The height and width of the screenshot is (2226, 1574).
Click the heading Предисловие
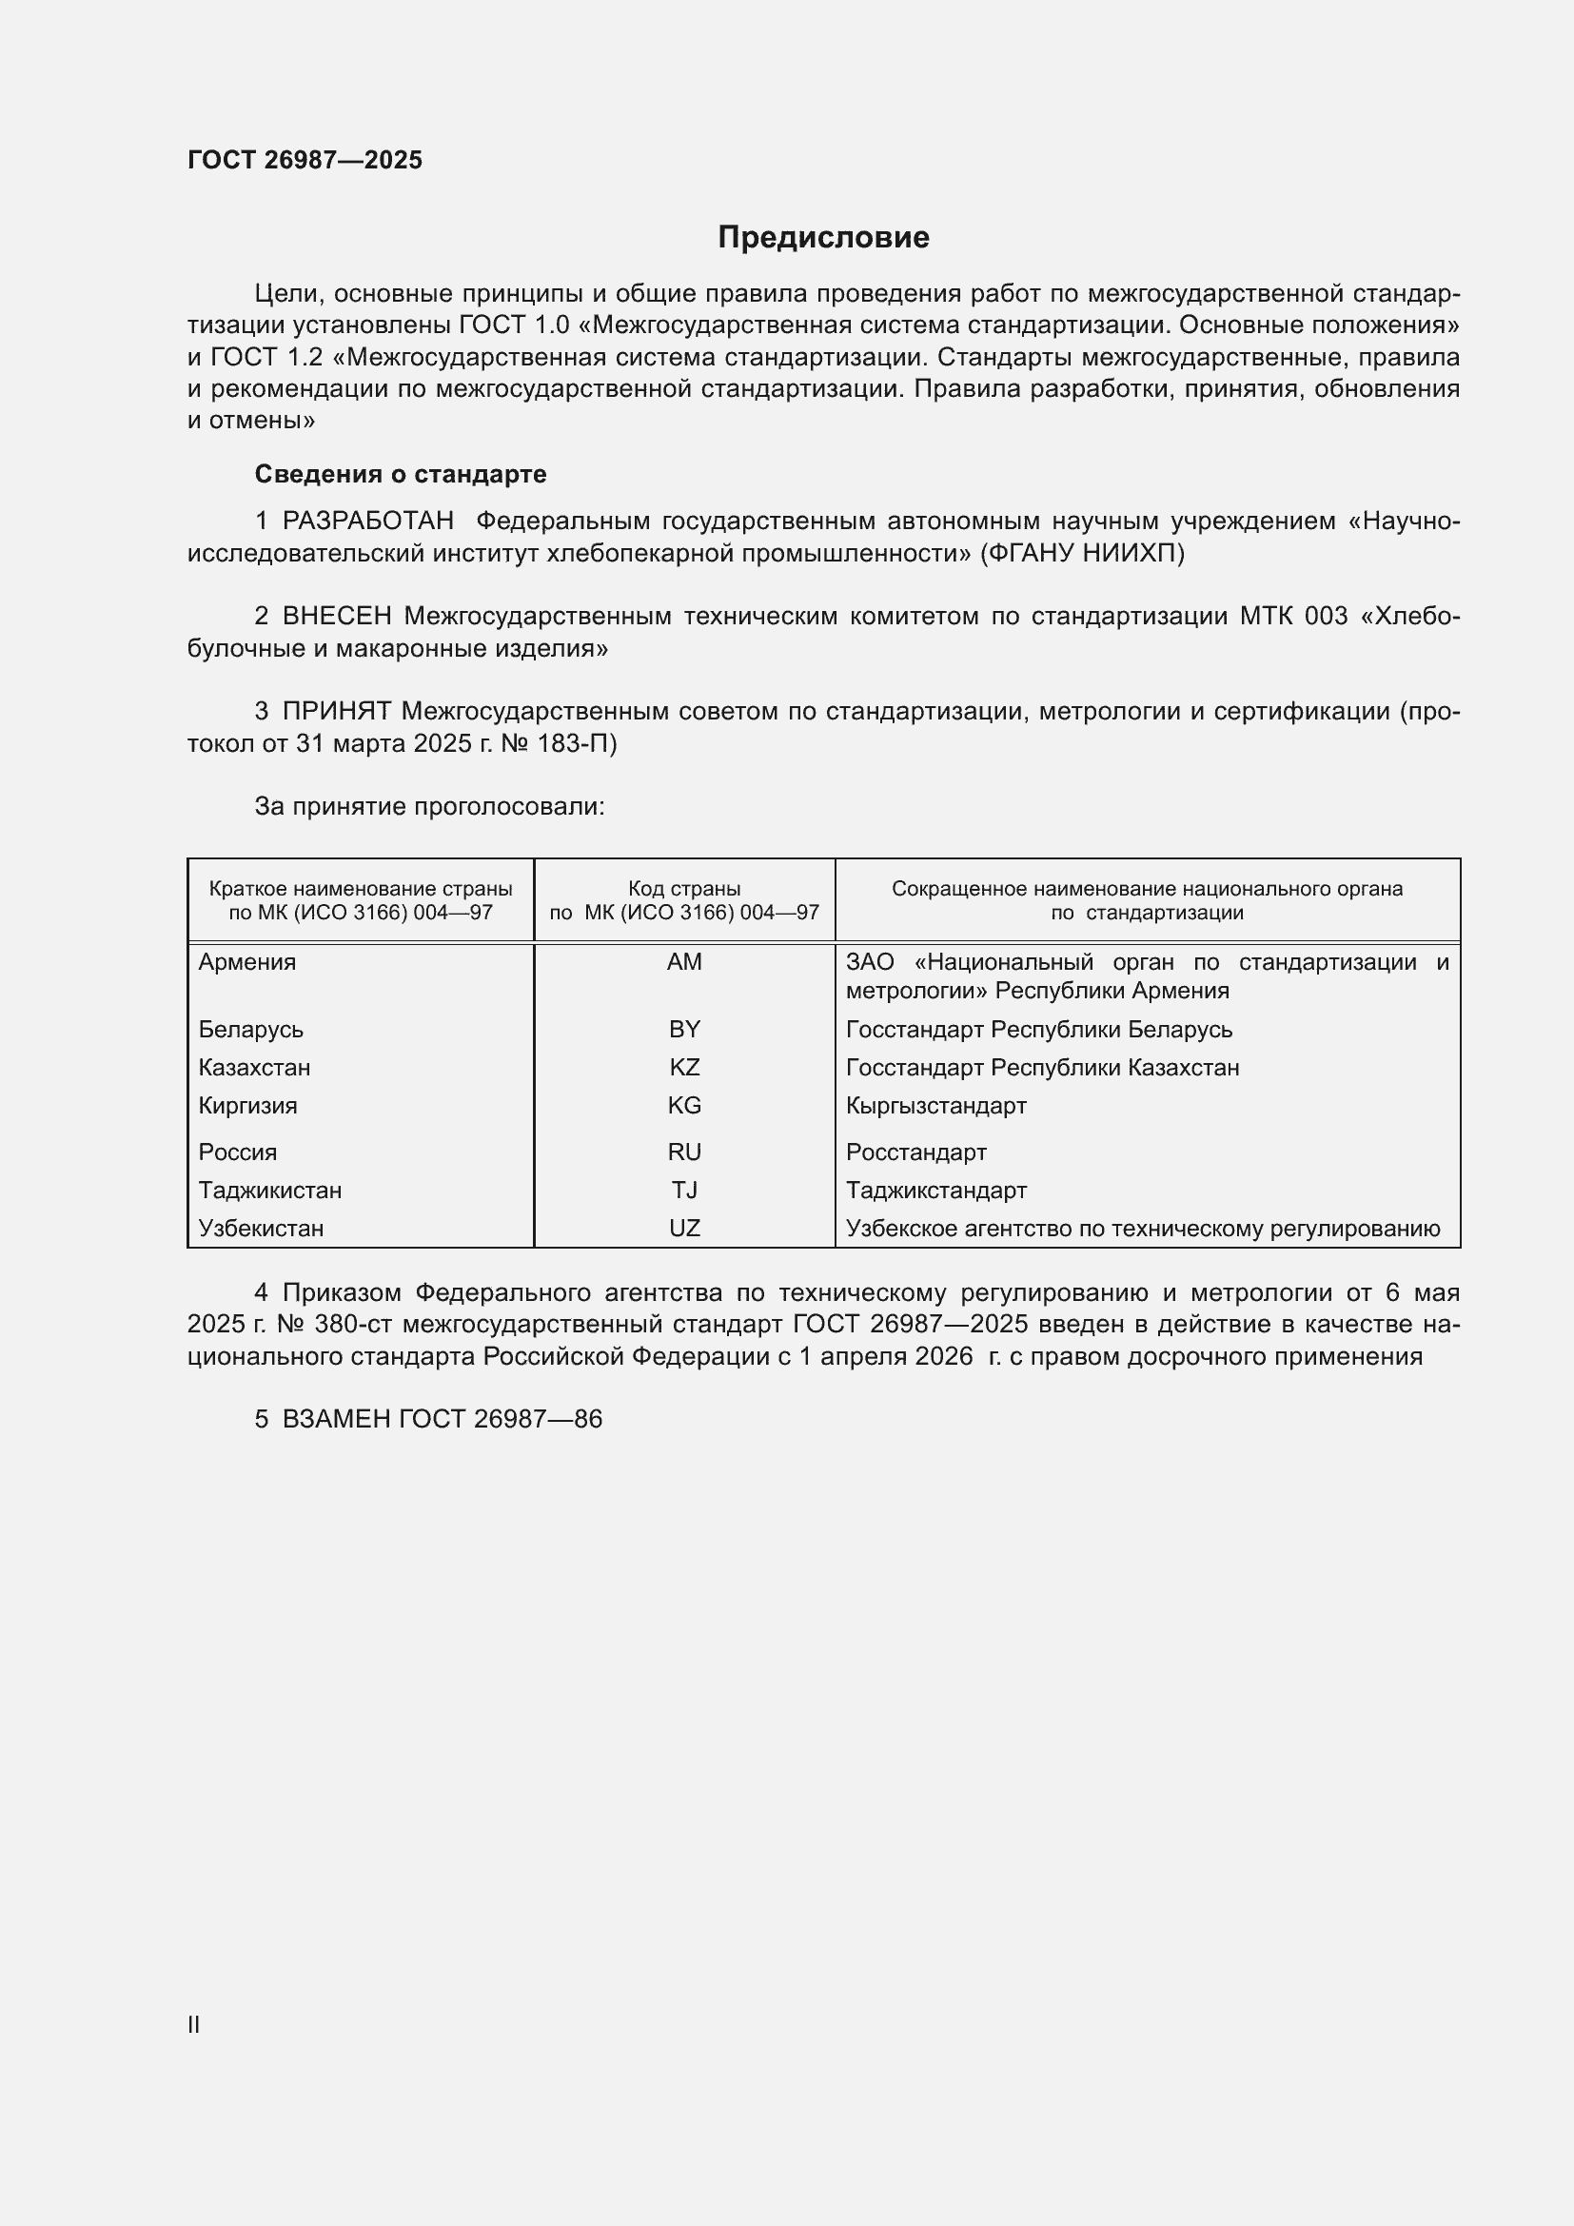click(x=823, y=238)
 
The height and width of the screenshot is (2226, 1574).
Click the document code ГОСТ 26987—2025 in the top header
click(x=305, y=160)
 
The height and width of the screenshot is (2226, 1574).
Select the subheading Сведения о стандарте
click(x=401, y=474)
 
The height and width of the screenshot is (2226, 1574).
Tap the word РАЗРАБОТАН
click(x=367, y=522)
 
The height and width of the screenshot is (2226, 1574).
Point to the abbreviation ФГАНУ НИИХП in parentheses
click(x=1082, y=554)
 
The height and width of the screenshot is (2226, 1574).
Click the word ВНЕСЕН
click(x=336, y=617)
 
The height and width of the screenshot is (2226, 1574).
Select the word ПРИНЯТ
click(x=336, y=712)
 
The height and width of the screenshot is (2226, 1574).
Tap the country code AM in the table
click(x=684, y=962)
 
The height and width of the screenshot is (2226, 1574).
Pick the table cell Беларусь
click(x=251, y=1030)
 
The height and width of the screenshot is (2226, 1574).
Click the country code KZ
click(x=684, y=1068)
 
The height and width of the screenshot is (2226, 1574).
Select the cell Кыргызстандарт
click(x=935, y=1105)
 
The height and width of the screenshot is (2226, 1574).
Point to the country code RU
click(x=684, y=1152)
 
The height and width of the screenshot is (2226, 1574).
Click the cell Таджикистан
click(x=269, y=1190)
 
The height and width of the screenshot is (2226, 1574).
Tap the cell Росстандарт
click(x=915, y=1152)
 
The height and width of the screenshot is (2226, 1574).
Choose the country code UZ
click(x=684, y=1229)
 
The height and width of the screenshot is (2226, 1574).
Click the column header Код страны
click(x=684, y=888)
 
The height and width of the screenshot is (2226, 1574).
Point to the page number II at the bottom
click(x=194, y=2024)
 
